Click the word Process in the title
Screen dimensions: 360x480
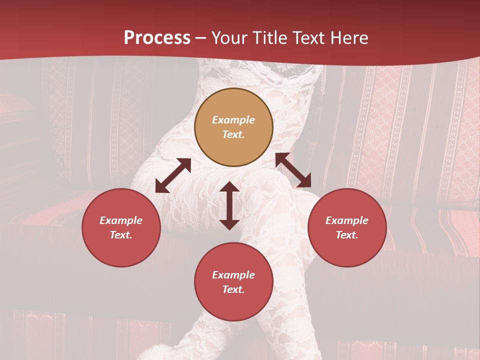click(157, 38)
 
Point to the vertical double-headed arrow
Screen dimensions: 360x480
click(229, 205)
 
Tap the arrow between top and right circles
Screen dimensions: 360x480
click(293, 170)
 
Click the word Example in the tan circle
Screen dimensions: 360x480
click(233, 120)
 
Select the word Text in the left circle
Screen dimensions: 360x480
click(121, 235)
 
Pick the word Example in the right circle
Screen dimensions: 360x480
click(347, 220)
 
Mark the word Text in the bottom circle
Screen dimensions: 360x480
click(233, 289)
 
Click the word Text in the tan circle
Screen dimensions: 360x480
click(233, 134)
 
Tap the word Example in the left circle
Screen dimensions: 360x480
click(121, 220)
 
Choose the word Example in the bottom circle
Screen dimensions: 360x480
click(233, 275)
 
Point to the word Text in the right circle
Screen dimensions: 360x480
click(347, 235)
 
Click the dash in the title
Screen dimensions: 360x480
click(201, 38)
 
